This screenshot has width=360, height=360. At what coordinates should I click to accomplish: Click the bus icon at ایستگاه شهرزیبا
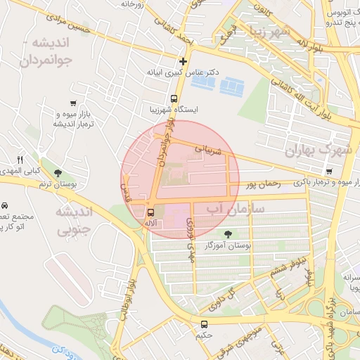pyautogui.click(x=174, y=99)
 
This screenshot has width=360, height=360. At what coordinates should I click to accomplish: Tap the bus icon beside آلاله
pyautogui.click(x=150, y=212)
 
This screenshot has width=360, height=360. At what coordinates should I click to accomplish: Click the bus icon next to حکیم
pyautogui.click(x=204, y=324)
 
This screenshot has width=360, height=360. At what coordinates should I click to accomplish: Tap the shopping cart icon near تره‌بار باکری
pyautogui.click(x=330, y=171)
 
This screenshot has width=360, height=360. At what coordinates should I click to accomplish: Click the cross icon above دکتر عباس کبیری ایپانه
pyautogui.click(x=184, y=61)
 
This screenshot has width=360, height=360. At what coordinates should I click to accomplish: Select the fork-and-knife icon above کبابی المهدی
pyautogui.click(x=20, y=160)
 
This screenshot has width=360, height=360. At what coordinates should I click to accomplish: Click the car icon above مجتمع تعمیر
pyautogui.click(x=4, y=205)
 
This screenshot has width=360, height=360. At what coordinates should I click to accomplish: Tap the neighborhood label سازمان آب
pyautogui.click(x=236, y=209)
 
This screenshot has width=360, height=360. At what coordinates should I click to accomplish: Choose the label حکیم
pyautogui.click(x=204, y=336)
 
